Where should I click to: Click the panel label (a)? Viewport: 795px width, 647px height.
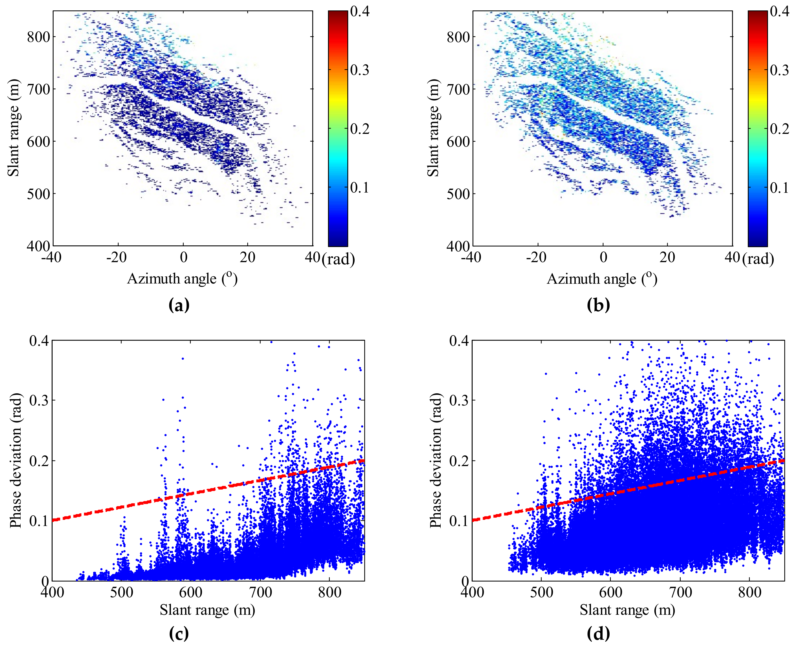(179, 305)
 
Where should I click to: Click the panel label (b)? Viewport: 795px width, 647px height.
(598, 305)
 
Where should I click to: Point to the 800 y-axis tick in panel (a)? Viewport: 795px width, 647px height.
(38, 37)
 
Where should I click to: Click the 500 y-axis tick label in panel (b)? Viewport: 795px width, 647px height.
(458, 194)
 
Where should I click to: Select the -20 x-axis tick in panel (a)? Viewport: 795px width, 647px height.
(116, 257)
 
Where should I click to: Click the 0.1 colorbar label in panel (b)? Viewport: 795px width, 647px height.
(779, 187)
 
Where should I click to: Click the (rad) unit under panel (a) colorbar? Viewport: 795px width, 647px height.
(338, 259)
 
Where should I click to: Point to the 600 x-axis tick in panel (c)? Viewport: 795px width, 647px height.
(191, 592)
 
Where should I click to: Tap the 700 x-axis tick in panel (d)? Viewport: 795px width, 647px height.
(681, 592)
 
